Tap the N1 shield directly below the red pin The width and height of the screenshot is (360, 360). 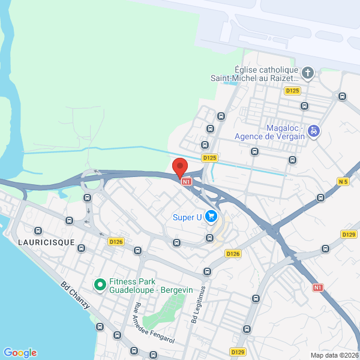coord(187,181)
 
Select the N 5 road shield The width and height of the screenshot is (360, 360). coord(343,181)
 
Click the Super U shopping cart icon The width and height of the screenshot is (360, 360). coord(211,216)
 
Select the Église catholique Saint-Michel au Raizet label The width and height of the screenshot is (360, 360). coord(254,74)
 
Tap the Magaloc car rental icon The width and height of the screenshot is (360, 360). coord(313,130)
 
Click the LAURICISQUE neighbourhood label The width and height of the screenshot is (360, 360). coord(46,242)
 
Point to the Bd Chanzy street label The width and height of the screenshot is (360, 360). coord(76,295)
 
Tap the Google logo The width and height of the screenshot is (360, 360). coord(20,353)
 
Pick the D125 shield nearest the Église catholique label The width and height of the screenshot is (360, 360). coord(292,91)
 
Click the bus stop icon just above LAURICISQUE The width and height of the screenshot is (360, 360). coord(39,230)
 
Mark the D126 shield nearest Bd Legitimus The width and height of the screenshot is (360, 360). coord(233,254)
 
